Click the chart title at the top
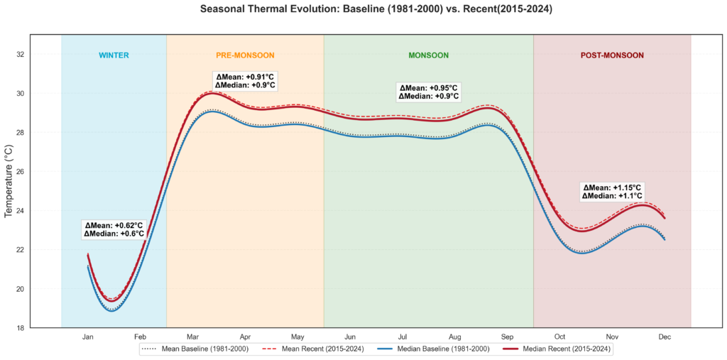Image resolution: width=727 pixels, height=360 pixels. pos(376,9)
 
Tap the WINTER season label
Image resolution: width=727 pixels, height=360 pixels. pos(114,55)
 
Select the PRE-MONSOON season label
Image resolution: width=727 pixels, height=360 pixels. pos(245,55)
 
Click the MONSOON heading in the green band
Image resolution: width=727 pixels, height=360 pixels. pos(428,55)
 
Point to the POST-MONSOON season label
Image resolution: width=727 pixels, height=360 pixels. pos(612,55)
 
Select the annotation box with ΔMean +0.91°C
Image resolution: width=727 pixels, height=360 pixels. pos(245,80)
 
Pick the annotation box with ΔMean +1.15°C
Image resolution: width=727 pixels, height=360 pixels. pos(612,191)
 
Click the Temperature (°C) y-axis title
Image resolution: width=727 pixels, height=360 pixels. pos(9,182)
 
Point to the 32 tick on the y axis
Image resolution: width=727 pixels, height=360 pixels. pos(20,55)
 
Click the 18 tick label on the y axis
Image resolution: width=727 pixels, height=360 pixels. pos(20,328)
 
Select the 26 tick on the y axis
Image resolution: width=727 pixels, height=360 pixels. pos(20,172)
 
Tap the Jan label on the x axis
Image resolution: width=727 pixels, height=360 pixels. pos(88,337)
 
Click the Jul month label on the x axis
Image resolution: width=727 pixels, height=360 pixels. pos(403,337)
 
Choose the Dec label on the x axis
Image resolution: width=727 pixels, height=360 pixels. pos(665,337)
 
